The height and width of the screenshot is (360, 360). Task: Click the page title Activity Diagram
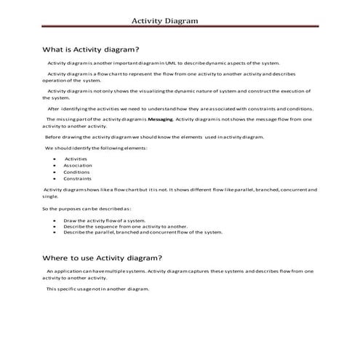(x=164, y=21)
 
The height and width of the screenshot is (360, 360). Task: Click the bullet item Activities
(x=76, y=158)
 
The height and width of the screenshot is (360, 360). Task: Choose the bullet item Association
(x=77, y=165)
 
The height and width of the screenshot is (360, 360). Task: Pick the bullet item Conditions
(x=76, y=172)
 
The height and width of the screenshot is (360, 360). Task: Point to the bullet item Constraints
(x=77, y=178)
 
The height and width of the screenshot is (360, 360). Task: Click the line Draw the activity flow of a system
(x=104, y=220)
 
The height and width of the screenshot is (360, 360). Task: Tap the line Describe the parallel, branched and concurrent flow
(x=143, y=232)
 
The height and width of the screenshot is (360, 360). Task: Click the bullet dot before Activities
(x=55, y=159)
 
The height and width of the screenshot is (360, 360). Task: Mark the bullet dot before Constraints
(x=55, y=179)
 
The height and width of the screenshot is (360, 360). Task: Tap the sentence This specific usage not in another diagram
(x=97, y=289)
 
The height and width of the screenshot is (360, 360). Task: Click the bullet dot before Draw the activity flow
(x=55, y=220)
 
